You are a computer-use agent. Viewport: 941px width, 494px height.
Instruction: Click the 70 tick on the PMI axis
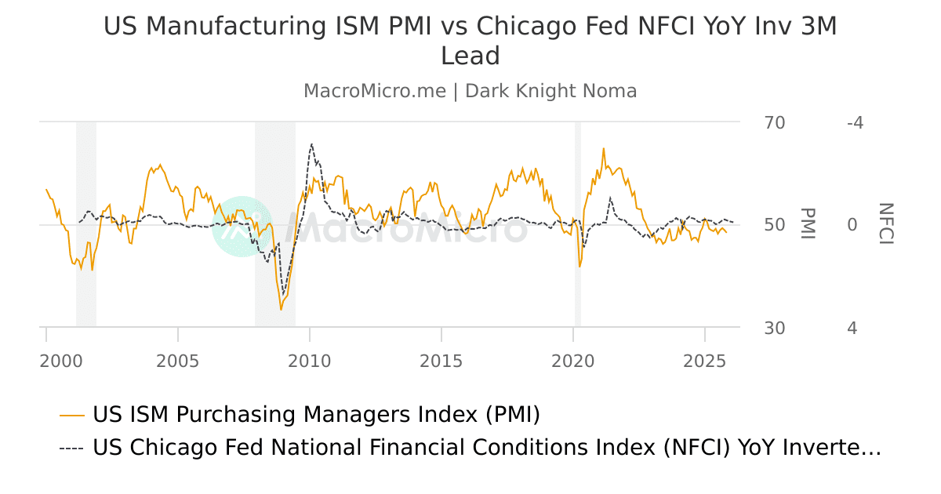(774, 123)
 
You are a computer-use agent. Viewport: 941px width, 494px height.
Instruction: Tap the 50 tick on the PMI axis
(774, 225)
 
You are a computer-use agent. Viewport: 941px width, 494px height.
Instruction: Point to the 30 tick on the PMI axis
(774, 328)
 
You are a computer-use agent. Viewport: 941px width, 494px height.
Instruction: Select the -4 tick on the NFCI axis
(855, 123)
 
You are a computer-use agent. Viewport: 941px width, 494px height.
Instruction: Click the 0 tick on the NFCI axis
(852, 225)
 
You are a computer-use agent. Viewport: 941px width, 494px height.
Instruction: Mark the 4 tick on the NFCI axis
(852, 328)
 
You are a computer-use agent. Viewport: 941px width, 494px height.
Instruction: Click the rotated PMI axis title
(807, 224)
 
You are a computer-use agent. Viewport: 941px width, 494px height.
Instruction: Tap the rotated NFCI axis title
(885, 224)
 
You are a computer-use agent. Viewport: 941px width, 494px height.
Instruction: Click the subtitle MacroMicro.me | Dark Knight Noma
(470, 91)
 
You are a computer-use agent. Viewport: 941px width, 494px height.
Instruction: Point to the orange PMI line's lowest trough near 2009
(281, 309)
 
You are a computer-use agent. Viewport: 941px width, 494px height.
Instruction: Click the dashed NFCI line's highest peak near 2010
(311, 143)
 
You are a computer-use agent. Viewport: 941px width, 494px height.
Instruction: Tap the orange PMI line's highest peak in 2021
(603, 148)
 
